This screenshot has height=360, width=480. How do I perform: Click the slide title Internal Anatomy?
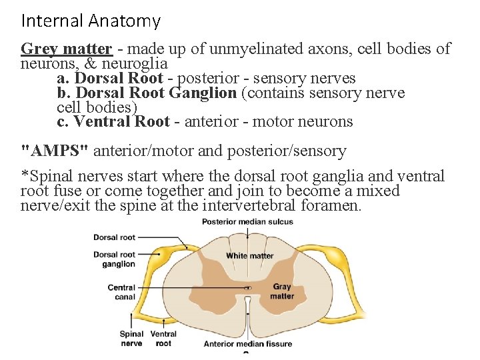(x=91, y=21)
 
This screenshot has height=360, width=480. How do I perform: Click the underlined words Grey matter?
(x=66, y=49)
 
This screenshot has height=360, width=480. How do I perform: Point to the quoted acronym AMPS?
(x=55, y=151)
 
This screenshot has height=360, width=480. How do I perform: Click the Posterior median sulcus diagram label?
(x=247, y=222)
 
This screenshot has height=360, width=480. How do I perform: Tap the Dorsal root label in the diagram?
(x=114, y=237)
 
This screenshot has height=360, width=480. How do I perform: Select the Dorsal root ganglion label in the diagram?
(x=114, y=259)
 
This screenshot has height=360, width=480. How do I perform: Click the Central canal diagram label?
(x=121, y=292)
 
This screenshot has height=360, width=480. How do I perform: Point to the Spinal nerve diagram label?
(x=131, y=339)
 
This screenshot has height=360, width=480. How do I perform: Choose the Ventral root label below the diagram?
(x=163, y=339)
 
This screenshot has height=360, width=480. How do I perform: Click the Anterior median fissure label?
(x=247, y=344)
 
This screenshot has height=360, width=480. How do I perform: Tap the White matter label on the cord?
(x=250, y=255)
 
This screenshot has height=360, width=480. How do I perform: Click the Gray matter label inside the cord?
(x=282, y=291)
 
